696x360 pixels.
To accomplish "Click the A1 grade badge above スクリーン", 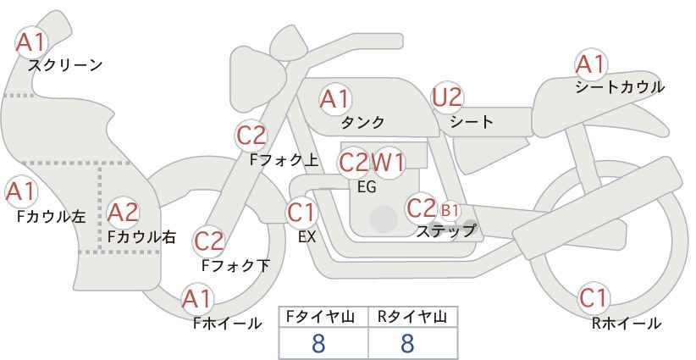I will point(32,41).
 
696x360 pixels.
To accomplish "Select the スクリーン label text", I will point(65,65).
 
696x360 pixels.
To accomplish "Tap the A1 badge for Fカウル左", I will point(20,192).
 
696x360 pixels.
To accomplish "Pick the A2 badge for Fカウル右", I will point(123,211).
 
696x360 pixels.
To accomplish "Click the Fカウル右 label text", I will point(141,237).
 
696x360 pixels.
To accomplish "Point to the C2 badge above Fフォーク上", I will point(251,135).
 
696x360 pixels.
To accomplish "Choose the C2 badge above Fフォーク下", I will point(208,241).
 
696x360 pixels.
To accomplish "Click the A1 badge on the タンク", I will point(334,99).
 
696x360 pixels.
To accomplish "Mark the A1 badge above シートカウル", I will point(589,64).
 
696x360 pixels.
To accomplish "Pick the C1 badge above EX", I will point(302,211).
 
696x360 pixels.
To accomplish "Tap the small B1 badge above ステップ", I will point(450,209).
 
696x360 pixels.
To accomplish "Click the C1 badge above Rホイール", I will point(593,298).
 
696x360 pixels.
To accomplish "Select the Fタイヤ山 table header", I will point(323,317).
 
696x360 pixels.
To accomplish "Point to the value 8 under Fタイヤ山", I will point(318,343).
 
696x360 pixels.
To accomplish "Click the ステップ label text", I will point(445,230).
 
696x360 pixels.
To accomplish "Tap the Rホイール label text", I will point(627,323).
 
